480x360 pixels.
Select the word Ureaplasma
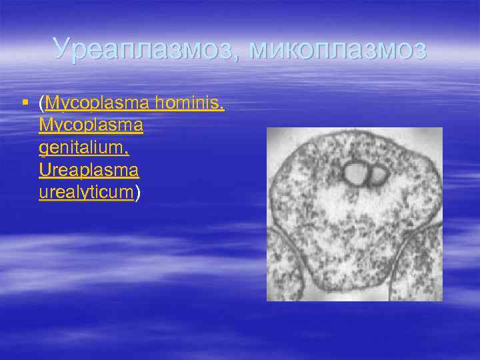[x=89, y=170]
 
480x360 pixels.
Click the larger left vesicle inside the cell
[x=353, y=174]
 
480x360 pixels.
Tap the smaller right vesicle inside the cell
[x=378, y=175]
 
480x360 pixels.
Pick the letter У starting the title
[x=61, y=49]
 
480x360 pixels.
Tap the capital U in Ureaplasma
[x=45, y=170]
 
